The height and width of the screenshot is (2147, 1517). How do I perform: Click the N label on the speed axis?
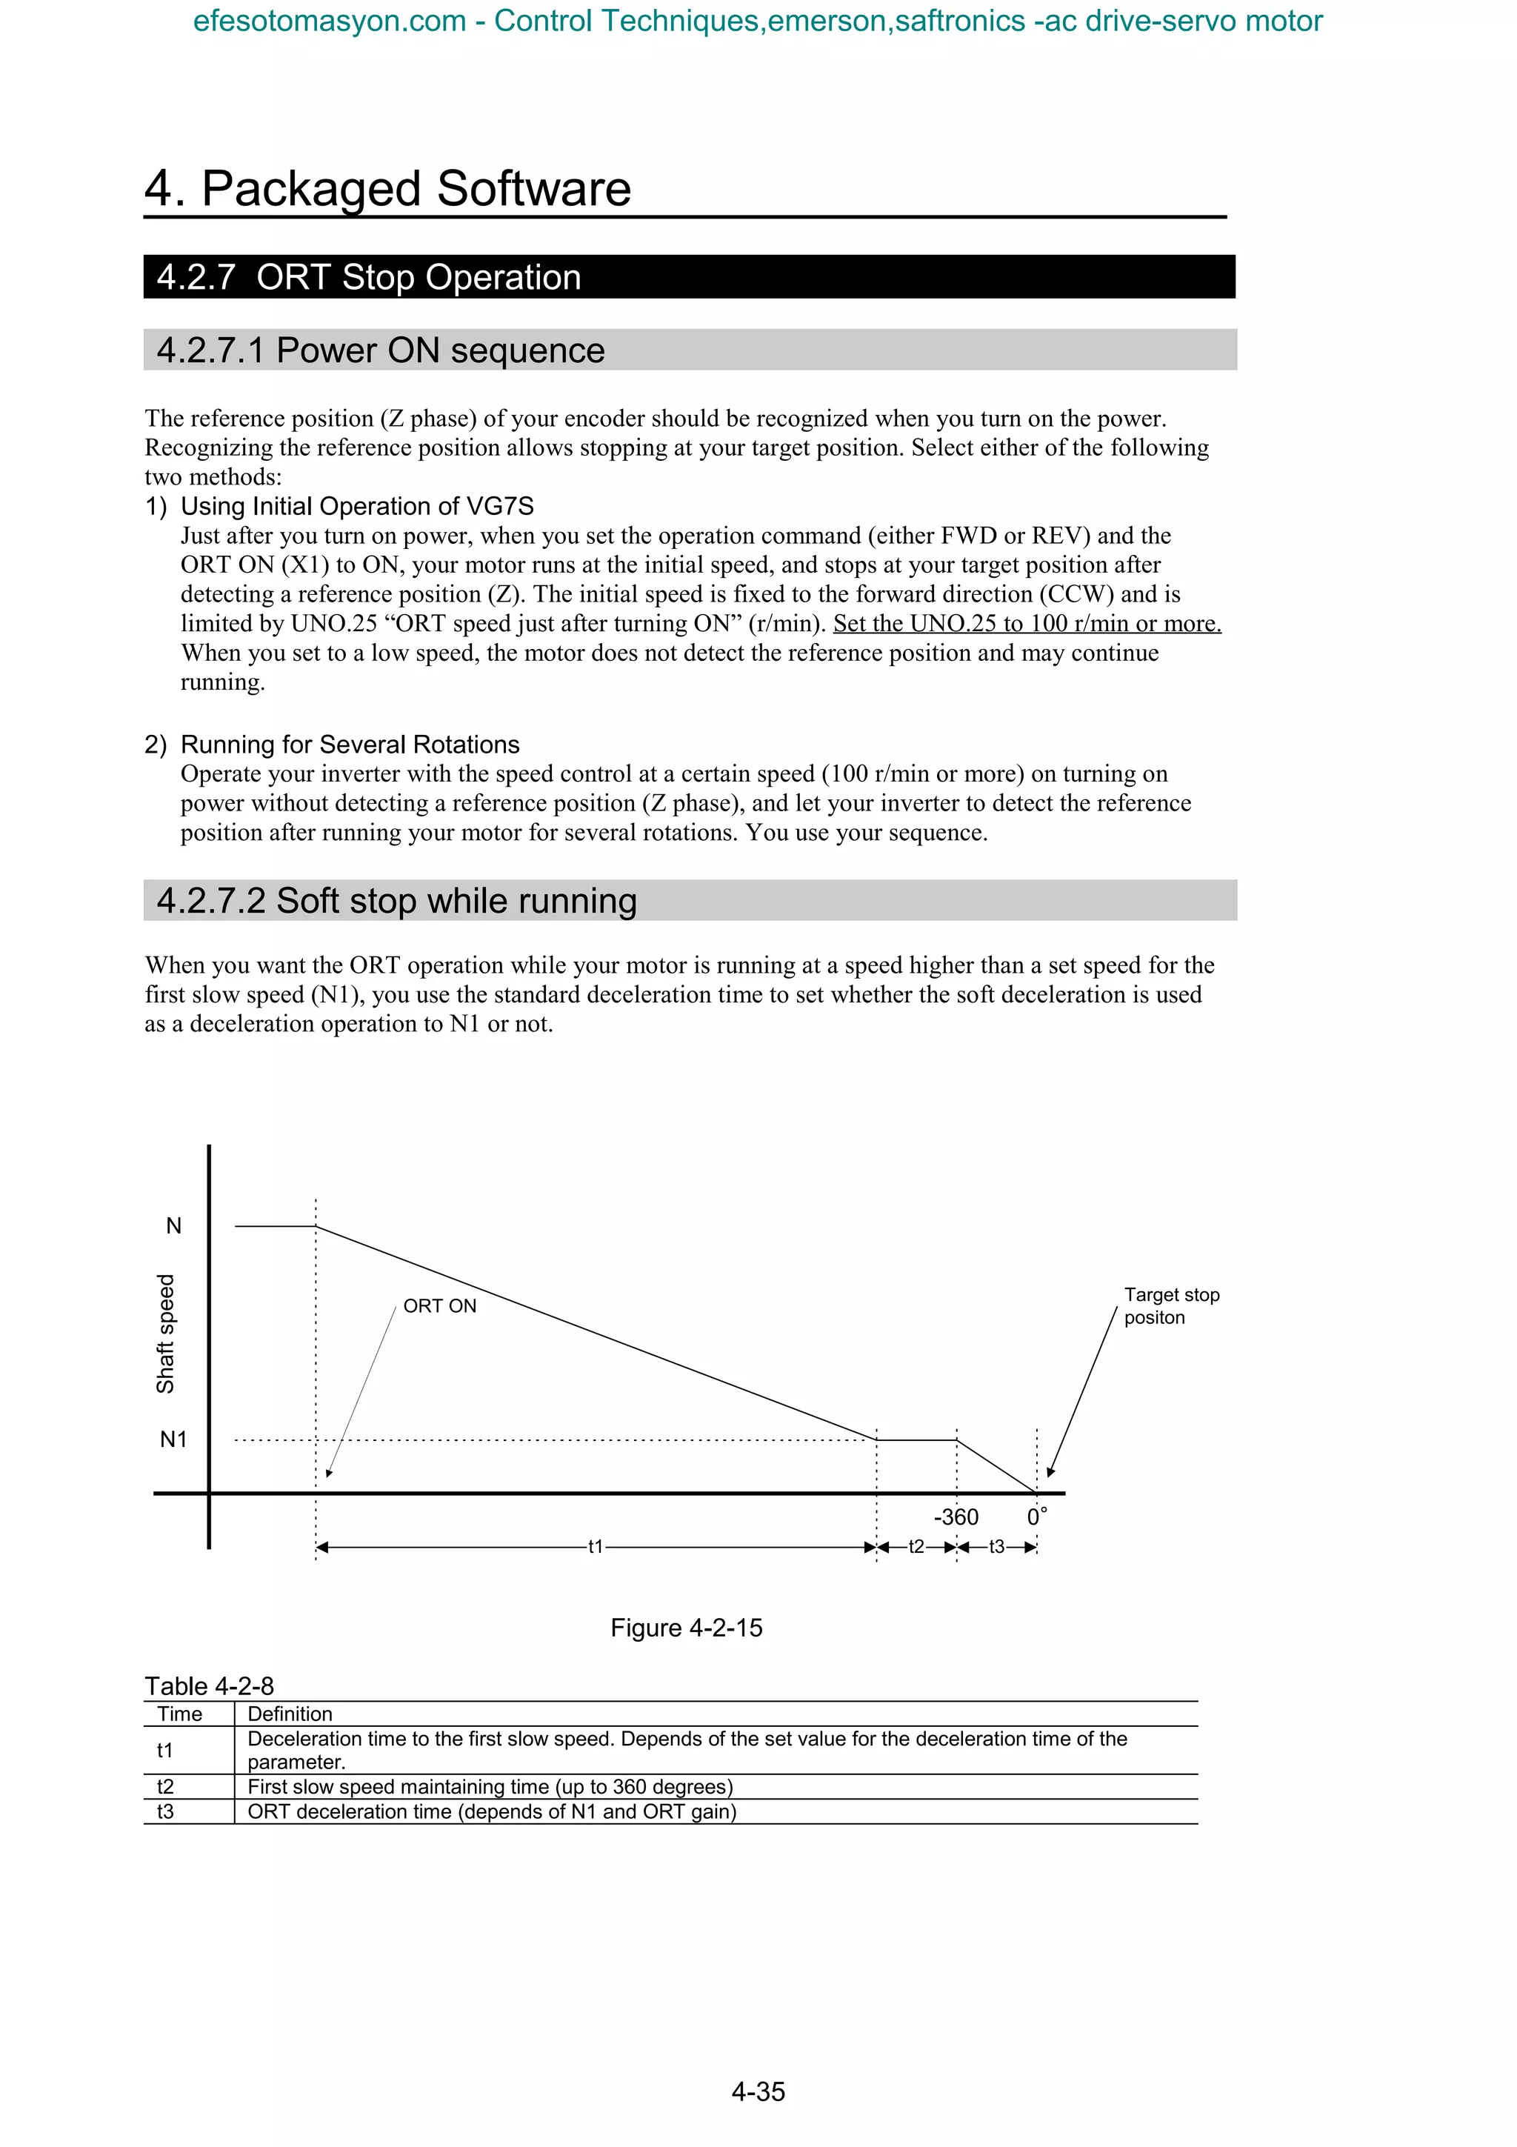174,1226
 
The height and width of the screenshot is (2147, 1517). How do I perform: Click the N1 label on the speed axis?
174,1439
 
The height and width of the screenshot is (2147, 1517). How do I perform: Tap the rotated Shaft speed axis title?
165,1334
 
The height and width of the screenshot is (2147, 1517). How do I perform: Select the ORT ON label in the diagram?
439,1306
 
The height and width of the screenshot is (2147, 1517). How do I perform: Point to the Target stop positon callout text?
1170,1306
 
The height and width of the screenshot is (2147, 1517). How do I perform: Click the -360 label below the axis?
956,1517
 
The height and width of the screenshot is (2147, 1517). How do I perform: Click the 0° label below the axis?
1036,1517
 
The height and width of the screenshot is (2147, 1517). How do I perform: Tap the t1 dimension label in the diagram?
596,1547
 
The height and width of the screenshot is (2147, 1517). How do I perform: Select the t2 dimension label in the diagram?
916,1547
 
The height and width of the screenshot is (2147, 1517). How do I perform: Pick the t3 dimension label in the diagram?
996,1547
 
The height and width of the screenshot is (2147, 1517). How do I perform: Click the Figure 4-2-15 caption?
686,1628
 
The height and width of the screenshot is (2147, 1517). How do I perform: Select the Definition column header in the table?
290,1714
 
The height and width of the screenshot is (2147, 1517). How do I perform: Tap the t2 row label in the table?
165,1787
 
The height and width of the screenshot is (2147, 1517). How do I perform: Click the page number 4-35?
758,2092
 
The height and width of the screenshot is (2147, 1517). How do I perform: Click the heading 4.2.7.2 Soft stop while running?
397,900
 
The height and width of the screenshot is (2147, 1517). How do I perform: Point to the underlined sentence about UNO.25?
1027,624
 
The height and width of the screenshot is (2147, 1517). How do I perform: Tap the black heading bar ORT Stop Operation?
689,278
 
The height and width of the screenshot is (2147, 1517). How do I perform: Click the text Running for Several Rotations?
350,745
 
